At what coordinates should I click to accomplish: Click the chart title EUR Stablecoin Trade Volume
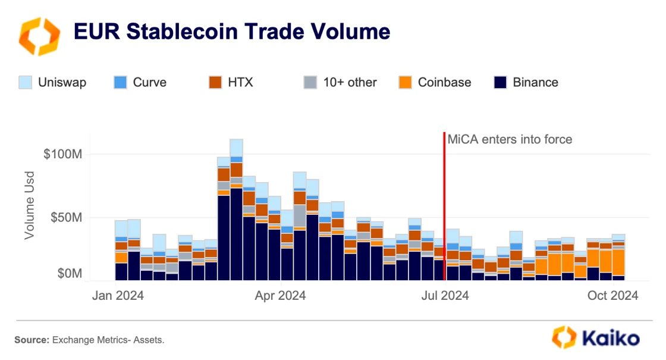231,31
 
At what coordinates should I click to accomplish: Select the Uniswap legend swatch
26,82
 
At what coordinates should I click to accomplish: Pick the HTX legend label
240,82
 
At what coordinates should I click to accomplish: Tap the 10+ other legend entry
350,82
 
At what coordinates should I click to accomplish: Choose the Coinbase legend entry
444,82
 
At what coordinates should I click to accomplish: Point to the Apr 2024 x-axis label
279,295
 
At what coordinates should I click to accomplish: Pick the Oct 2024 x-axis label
612,295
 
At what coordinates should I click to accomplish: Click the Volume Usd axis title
29,206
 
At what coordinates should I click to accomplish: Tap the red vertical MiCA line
444,208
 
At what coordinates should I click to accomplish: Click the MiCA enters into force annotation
510,140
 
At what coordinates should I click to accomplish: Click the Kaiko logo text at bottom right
612,339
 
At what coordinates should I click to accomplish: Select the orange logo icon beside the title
39,36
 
